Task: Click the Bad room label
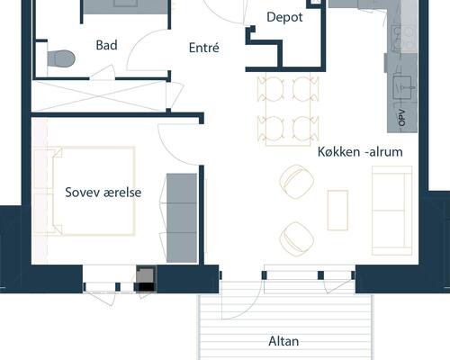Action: point(106,45)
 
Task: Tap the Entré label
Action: point(204,48)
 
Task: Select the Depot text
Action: point(284,17)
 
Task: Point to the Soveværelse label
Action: point(103,193)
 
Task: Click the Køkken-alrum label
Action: point(360,152)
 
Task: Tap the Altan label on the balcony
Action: point(283,341)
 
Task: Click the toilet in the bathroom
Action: point(61,58)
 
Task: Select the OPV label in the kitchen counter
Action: point(402,118)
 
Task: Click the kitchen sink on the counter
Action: point(404,87)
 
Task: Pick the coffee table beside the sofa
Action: point(337,210)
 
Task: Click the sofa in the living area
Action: point(391,211)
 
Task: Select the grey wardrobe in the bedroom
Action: point(182,218)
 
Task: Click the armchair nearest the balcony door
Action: point(297,239)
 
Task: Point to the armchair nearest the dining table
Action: point(297,182)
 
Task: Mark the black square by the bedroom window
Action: point(147,287)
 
